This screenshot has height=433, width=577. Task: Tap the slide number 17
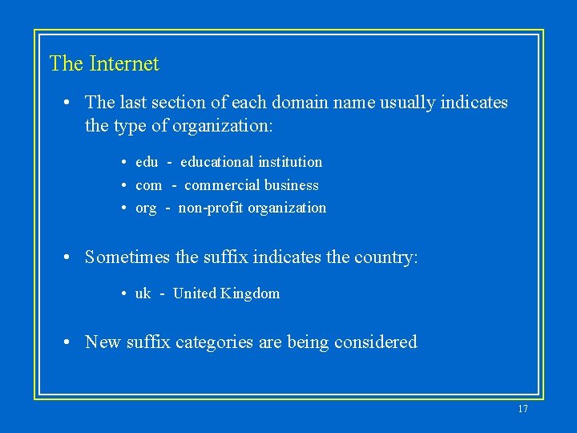[523, 409]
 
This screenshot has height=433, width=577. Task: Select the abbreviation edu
[147, 162]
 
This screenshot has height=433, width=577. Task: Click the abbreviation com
[149, 185]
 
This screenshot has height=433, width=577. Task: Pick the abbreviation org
[146, 208]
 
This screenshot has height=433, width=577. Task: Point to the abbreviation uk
[143, 293]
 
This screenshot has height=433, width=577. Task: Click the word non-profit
[211, 208]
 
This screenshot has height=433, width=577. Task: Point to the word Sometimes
[127, 257]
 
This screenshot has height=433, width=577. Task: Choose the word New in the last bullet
[102, 342]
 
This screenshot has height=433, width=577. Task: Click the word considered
[376, 342]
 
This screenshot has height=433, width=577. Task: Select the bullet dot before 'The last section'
[71, 103]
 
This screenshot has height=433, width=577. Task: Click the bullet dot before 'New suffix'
[71, 342]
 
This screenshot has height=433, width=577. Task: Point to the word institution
[285, 162]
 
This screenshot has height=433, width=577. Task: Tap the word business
[292, 185]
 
